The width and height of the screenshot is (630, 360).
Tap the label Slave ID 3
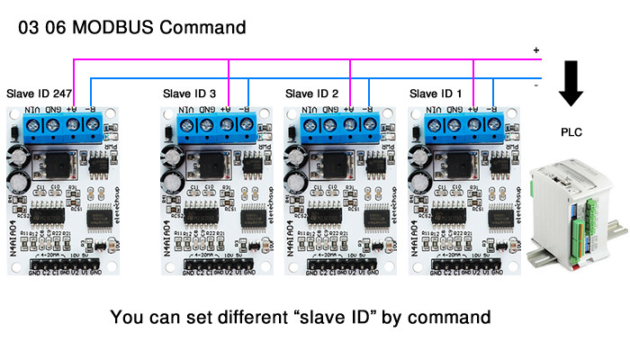189,93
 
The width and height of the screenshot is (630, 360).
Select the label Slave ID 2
311,93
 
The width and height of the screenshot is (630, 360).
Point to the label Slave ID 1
436,93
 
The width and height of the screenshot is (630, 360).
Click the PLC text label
571,132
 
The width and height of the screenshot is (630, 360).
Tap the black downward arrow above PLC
571,84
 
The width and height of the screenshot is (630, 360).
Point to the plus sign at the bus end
536,49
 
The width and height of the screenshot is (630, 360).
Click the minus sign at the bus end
536,85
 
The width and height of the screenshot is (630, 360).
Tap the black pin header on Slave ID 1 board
467,263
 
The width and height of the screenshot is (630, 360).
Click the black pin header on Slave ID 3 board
221,263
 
